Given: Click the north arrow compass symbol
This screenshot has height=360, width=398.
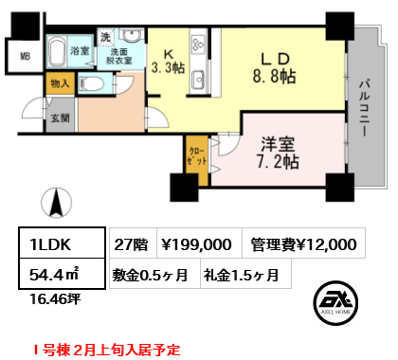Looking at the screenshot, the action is pyautogui.click(x=57, y=203).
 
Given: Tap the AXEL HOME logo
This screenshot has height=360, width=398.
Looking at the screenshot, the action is pyautogui.click(x=335, y=302).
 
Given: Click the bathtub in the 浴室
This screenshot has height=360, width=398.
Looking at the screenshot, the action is pyautogui.click(x=57, y=51).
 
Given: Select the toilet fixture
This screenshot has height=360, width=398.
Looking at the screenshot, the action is pyautogui.click(x=92, y=84).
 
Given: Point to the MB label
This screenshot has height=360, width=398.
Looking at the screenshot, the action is pyautogui.click(x=25, y=57).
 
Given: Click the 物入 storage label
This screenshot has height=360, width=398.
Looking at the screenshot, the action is pyautogui.click(x=60, y=83).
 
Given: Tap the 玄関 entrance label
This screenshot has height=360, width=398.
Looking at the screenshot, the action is pyautogui.click(x=60, y=118).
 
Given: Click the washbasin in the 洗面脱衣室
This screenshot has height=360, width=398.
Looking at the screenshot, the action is pyautogui.click(x=132, y=36).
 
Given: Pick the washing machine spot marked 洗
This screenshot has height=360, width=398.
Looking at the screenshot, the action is pyautogui.click(x=105, y=37).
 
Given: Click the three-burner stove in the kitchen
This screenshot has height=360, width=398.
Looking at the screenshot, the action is pyautogui.click(x=199, y=44).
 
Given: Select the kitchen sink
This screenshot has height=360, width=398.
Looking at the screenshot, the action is pyautogui.click(x=199, y=78).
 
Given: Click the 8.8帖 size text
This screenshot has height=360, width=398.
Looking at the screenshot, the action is pyautogui.click(x=274, y=77).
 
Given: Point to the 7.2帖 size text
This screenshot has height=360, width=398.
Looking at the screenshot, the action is pyautogui.click(x=278, y=162).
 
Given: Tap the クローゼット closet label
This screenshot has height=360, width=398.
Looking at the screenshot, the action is pyautogui.click(x=197, y=156).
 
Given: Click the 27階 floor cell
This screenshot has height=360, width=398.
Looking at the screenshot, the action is pyautogui.click(x=133, y=243).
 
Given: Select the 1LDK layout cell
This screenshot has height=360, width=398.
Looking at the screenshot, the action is pyautogui.click(x=62, y=243).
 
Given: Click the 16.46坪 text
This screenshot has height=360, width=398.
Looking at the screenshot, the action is pyautogui.click(x=55, y=298).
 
